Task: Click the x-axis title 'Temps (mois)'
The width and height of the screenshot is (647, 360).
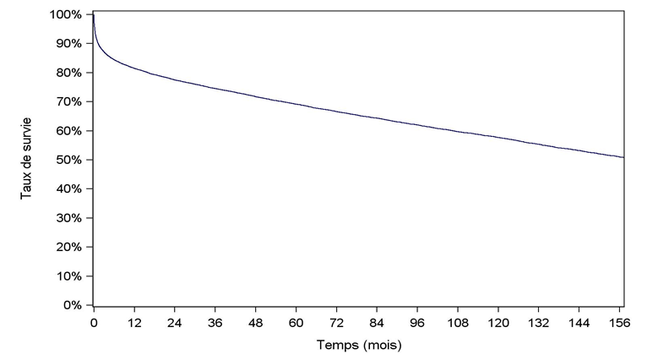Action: [x=359, y=346]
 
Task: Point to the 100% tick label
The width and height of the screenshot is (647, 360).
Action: [x=66, y=15]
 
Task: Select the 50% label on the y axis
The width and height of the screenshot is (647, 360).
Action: [x=69, y=160]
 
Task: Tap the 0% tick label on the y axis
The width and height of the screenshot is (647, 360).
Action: [x=73, y=305]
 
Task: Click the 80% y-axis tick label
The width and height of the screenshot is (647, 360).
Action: [x=69, y=73]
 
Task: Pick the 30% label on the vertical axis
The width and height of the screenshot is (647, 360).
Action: [x=69, y=218]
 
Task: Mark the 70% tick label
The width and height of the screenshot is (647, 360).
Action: [x=69, y=102]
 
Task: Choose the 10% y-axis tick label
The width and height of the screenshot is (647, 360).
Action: [x=69, y=276]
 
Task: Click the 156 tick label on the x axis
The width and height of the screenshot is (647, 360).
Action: [x=620, y=323]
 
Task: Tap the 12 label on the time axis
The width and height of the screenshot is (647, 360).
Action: [x=134, y=323]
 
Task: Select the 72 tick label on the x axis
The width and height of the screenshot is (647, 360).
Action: [x=336, y=323]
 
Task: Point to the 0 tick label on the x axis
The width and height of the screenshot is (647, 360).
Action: [x=94, y=323]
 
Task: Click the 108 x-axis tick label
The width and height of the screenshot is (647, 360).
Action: [x=458, y=323]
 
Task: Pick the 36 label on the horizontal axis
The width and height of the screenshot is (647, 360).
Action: [x=215, y=323]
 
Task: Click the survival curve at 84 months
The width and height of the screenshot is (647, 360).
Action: [x=377, y=118]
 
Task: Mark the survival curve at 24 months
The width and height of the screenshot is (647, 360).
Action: [x=175, y=79]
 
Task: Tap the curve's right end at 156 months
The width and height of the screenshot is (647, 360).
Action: [x=623, y=157]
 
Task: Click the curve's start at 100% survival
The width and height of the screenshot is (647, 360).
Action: [x=94, y=15]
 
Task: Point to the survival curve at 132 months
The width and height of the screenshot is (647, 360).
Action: [x=539, y=143]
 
